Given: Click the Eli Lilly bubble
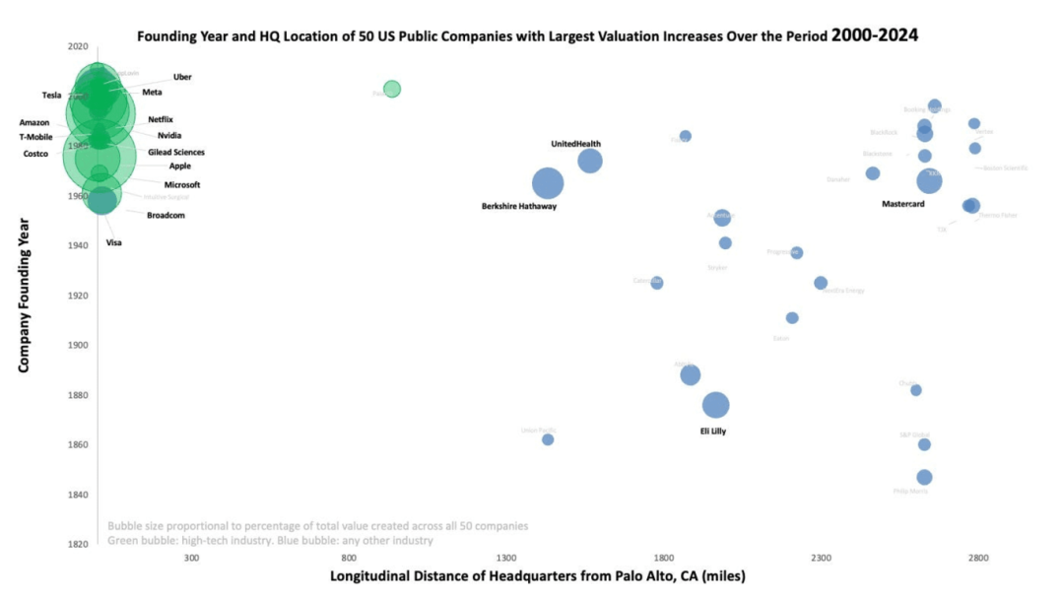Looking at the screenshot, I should [716, 405].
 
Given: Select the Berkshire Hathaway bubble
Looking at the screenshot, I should [548, 183].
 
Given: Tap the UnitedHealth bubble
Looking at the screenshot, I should [590, 162].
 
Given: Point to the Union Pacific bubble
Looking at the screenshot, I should [548, 439].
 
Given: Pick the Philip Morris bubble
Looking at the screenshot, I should [924, 478].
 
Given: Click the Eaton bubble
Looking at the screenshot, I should [792, 318].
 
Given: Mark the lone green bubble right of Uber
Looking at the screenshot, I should [392, 90].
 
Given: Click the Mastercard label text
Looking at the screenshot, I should [902, 204].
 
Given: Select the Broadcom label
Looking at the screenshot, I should [166, 215].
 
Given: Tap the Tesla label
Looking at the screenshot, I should [51, 96].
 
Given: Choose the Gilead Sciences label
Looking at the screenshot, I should [176, 153].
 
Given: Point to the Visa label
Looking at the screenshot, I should [114, 242].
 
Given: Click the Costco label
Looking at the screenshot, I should [35, 154].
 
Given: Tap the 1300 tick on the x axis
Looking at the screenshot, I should [506, 558].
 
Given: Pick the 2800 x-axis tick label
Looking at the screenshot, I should [977, 558].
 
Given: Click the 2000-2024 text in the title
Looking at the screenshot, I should [875, 35].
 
